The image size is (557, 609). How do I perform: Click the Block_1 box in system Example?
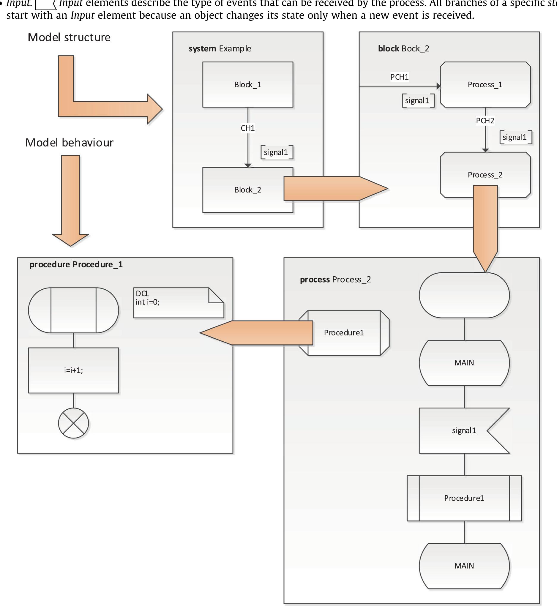[x=248, y=85]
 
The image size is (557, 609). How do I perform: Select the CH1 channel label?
[x=248, y=128]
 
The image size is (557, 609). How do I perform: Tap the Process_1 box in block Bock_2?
[x=485, y=85]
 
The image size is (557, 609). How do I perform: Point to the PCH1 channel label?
[x=399, y=77]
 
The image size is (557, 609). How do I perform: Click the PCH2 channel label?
[x=485, y=121]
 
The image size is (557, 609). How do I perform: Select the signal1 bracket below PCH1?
[x=418, y=101]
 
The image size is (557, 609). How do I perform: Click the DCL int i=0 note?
[x=178, y=302]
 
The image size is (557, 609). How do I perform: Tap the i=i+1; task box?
[x=73, y=370]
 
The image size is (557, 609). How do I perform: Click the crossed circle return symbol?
[x=73, y=423]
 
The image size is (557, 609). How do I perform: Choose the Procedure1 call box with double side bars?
[x=464, y=498]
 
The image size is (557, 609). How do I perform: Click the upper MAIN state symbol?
[x=464, y=363]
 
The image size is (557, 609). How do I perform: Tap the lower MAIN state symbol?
[x=464, y=566]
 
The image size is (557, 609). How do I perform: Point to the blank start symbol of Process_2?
[x=464, y=295]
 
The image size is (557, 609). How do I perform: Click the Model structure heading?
[x=69, y=37]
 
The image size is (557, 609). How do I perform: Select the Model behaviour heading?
[x=69, y=143]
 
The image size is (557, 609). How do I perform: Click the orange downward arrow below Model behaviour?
[x=70, y=199]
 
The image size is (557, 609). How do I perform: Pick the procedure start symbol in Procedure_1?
[x=73, y=310]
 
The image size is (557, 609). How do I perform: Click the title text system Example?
[x=220, y=49]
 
